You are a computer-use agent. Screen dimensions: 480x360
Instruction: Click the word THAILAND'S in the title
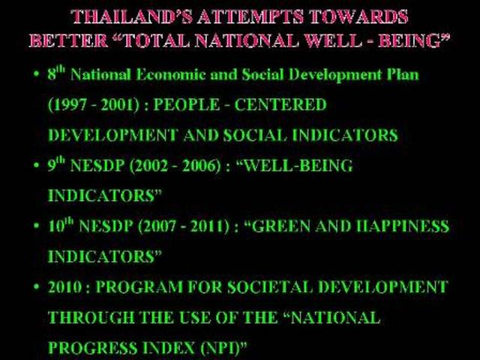(x=132, y=16)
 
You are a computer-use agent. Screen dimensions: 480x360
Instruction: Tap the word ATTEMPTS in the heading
(x=250, y=16)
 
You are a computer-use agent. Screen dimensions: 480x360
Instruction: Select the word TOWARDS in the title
(x=358, y=16)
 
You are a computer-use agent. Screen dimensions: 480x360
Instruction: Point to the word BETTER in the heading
(x=68, y=40)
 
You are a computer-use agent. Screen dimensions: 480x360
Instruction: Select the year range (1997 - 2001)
(x=94, y=105)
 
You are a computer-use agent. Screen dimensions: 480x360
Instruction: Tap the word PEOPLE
(x=187, y=105)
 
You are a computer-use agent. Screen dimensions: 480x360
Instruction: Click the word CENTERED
(x=280, y=105)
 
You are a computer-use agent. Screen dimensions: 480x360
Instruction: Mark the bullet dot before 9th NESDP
(x=37, y=165)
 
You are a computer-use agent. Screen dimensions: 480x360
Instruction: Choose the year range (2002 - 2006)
(x=175, y=166)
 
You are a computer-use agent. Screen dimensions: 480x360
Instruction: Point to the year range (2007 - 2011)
(x=184, y=226)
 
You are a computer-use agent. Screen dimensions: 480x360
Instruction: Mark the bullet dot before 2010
(x=37, y=286)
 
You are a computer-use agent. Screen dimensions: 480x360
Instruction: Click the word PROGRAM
(x=139, y=287)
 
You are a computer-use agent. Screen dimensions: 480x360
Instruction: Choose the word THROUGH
(x=91, y=317)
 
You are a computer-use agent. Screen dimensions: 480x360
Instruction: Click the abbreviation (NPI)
(x=220, y=348)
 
